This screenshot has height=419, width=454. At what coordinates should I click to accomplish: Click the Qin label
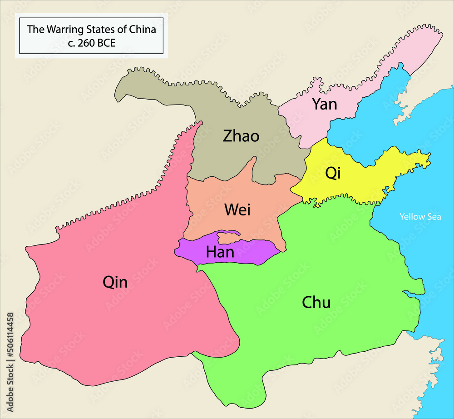pyautogui.click(x=115, y=283)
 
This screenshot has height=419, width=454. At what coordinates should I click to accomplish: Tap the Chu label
pyautogui.click(x=316, y=303)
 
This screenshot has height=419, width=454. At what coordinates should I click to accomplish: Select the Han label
pyautogui.click(x=220, y=252)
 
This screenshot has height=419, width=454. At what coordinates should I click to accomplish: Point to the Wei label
pyautogui.click(x=237, y=210)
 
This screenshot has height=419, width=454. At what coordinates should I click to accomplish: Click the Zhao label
pyautogui.click(x=241, y=135)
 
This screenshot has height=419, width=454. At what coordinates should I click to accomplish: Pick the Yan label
pyautogui.click(x=324, y=104)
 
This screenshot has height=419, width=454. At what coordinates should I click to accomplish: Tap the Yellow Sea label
pyautogui.click(x=420, y=217)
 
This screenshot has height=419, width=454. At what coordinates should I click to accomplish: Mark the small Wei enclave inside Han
pyautogui.click(x=227, y=237)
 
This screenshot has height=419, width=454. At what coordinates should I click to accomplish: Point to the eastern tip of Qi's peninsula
pyautogui.click(x=427, y=158)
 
